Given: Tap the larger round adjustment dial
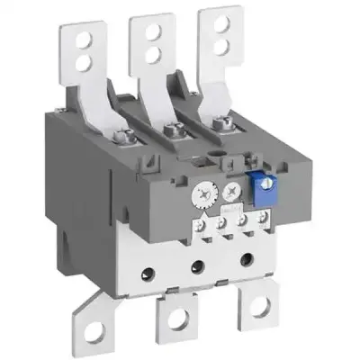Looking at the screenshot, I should click(203, 191).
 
